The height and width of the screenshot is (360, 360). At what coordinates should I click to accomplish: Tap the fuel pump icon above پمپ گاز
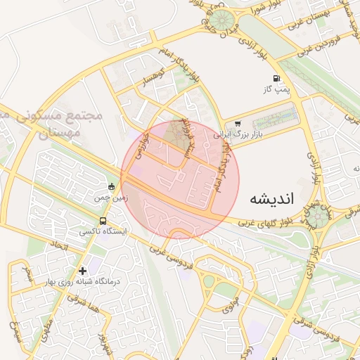coord(278,79)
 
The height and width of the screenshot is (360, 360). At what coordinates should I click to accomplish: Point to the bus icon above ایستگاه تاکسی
coord(104,221)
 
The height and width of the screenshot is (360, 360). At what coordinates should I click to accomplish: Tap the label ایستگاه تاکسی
coord(105,231)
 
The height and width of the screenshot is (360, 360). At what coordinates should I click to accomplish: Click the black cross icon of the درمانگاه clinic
coord(83,271)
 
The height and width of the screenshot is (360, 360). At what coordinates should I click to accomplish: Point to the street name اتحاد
coord(58,245)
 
